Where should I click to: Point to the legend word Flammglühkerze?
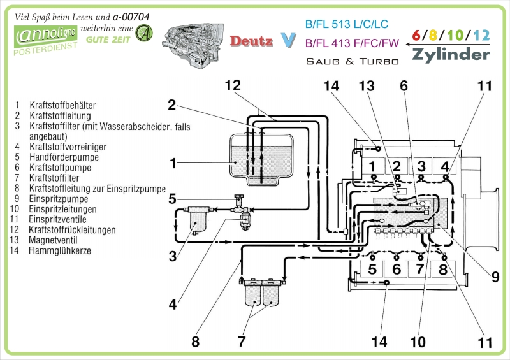point(59,250)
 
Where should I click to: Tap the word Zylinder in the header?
point(451,54)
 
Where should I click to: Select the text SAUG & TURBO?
point(353,61)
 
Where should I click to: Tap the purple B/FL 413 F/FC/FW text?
point(352,43)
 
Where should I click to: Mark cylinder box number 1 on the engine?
point(372,166)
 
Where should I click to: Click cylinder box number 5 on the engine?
point(372,269)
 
